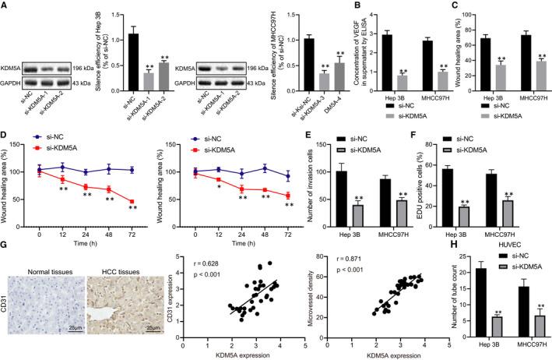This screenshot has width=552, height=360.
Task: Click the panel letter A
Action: pos(5,5)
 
